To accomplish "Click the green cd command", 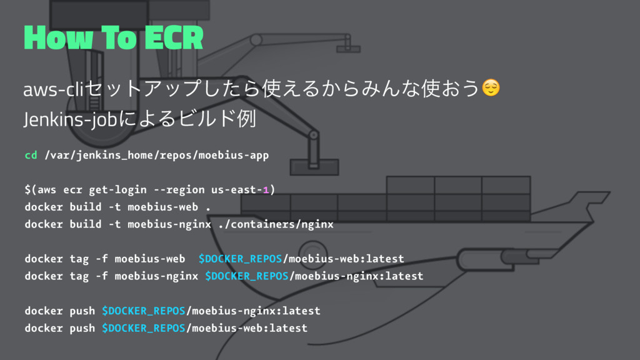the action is [x=31, y=155].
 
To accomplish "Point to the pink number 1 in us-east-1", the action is [x=265, y=189].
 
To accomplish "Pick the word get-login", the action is [x=118, y=189].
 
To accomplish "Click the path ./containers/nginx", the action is [x=275, y=224].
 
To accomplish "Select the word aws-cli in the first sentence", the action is [x=47, y=91].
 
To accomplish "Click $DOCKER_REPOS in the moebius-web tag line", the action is [x=240, y=259].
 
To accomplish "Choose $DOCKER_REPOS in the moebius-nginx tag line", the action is [x=247, y=276].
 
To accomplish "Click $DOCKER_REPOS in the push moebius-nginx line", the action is [x=144, y=311].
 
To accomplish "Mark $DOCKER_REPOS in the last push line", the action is [x=144, y=327].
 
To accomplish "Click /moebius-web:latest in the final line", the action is [x=247, y=327].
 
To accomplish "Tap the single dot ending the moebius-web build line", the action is [x=207, y=207].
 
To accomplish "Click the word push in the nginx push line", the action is [x=82, y=311].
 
